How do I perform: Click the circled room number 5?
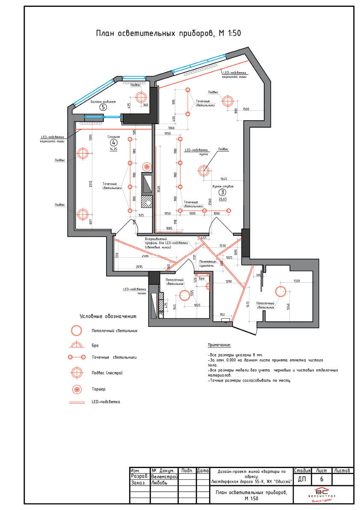pyautogui.click(x=103, y=107)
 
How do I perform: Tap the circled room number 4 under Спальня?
pyautogui.click(x=113, y=142)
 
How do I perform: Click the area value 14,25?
pyautogui.click(x=113, y=149)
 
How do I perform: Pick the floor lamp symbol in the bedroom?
pyautogui.click(x=147, y=166)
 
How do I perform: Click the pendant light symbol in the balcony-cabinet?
pyautogui.click(x=141, y=97)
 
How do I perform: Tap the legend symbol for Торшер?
pyautogui.click(x=77, y=389)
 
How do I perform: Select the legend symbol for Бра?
pyautogui.click(x=77, y=345)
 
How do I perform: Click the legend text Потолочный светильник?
pyautogui.click(x=115, y=331)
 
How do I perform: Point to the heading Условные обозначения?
pyautogui.click(x=108, y=316)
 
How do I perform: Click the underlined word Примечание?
pyautogui.click(x=219, y=345)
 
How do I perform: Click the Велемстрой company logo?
pyautogui.click(x=323, y=495)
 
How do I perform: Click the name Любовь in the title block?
pyautogui.click(x=160, y=482)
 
